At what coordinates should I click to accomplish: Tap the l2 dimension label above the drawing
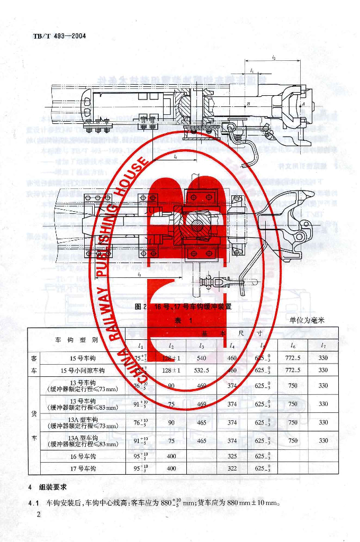pyautogui.click(x=273, y=58)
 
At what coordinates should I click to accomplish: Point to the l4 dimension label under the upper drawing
pyautogui.click(x=175, y=157)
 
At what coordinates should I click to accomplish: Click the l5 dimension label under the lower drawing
pyautogui.click(x=138, y=275)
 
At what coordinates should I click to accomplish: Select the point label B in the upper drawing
pyautogui.click(x=247, y=105)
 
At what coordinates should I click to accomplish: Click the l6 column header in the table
pyautogui.click(x=293, y=346)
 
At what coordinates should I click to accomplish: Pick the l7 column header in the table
pyautogui.click(x=323, y=346)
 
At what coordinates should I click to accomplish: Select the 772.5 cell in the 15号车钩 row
pyautogui.click(x=293, y=358)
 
